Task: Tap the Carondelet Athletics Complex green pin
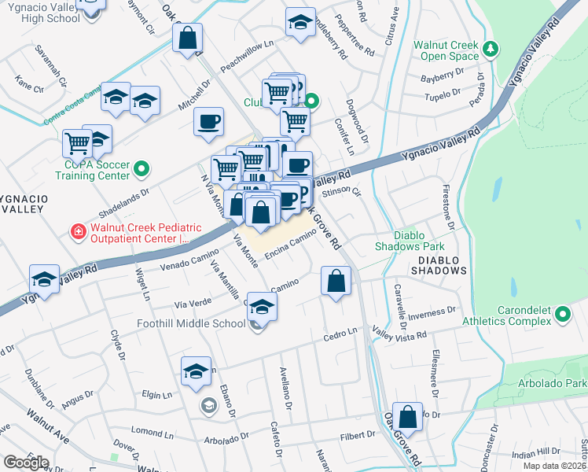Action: (x=562, y=315)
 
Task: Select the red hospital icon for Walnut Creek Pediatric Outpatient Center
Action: (x=78, y=231)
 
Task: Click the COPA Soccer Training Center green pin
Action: (x=141, y=168)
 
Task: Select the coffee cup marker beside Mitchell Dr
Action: (x=208, y=121)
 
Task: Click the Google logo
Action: (x=26, y=462)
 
